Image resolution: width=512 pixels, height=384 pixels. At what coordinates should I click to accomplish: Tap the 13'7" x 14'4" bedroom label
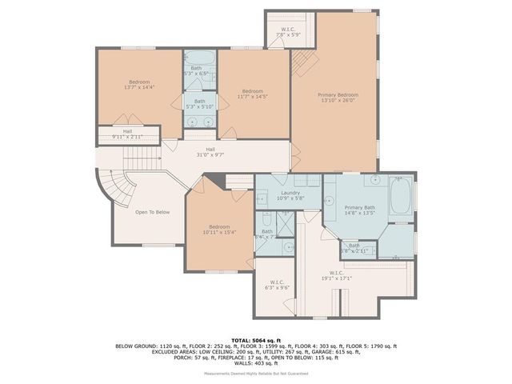138,84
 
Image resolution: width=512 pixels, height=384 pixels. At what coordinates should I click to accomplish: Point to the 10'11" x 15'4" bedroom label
218,229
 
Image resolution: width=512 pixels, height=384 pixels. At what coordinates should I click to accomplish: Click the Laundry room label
289,195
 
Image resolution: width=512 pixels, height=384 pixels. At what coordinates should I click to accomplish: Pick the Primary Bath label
360,210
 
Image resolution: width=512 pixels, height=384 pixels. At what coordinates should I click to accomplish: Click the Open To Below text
152,212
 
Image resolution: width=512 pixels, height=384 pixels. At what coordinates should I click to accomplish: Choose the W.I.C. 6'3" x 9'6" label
277,285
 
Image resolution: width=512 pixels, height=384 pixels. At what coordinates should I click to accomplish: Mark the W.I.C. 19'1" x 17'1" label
337,276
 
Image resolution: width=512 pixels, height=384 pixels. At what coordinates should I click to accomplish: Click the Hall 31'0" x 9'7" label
210,152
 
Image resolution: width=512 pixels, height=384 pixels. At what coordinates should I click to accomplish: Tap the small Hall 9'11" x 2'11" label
127,134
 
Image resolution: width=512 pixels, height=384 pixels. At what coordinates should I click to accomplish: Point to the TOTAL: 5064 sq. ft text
256,340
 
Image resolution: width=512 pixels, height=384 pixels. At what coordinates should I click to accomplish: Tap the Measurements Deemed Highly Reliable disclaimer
256,373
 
